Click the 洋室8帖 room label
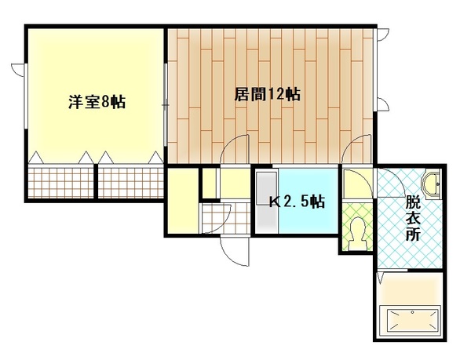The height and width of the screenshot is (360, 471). coord(97,102)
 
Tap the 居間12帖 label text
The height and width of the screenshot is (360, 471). coord(267,94)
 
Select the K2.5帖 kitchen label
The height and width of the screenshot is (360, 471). coord(297,202)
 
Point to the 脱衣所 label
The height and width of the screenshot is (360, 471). coord(413,218)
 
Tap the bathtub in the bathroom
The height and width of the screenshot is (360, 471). coord(410,322)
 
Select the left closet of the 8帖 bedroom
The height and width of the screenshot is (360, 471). coord(61,182)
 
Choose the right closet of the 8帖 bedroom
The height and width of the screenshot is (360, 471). coord(131,182)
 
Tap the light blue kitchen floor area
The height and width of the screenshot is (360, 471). coord(309,201)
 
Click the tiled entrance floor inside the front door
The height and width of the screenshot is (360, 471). coord(226,218)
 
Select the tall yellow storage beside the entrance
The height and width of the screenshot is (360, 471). coord(183,201)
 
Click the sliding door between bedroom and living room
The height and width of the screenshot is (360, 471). coord(166,105)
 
